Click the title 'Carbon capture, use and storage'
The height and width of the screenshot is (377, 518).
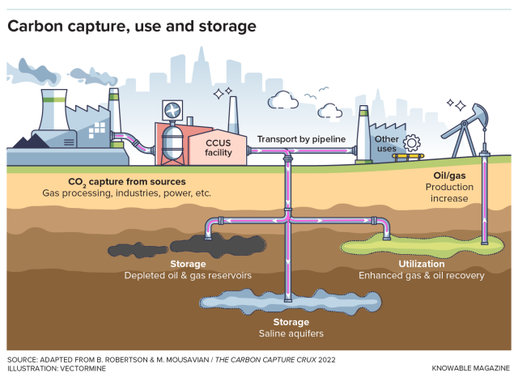click(x=132, y=26)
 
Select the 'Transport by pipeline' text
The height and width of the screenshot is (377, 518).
click(x=301, y=139)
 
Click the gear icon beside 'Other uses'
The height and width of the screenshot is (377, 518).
click(x=412, y=144)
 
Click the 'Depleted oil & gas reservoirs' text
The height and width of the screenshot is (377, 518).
click(x=188, y=275)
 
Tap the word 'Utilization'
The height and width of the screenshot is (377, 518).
click(x=422, y=264)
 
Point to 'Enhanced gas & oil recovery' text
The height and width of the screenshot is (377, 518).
click(x=422, y=275)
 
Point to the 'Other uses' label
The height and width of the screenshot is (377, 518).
click(x=386, y=144)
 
